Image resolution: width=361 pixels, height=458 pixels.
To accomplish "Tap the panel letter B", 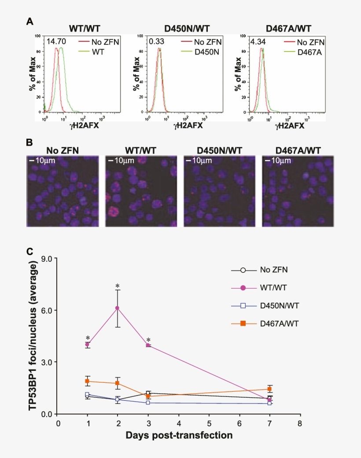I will point(29,143).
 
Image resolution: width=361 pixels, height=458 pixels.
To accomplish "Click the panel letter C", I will point(29,252).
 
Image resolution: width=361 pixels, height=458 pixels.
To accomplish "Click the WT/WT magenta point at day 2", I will point(118,308).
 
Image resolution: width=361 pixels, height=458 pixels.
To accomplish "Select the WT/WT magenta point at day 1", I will point(88,344).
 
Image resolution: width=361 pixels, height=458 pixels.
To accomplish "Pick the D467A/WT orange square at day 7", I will point(269,389).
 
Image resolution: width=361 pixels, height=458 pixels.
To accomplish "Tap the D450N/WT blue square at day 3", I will point(148,403).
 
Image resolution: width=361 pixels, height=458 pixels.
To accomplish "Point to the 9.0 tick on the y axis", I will point(46,259).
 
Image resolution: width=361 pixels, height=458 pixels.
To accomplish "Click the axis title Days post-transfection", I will point(179,436).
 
